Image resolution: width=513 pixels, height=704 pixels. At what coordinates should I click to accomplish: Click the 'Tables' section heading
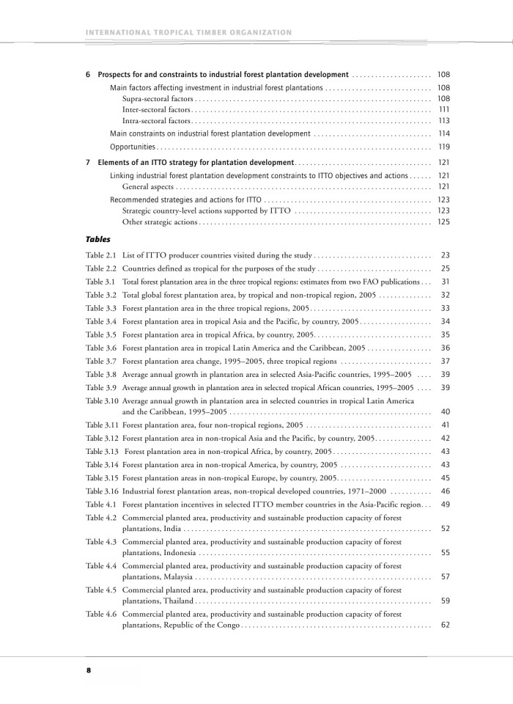(x=98, y=239)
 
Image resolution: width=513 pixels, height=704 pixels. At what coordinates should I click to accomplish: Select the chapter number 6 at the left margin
(x=88, y=75)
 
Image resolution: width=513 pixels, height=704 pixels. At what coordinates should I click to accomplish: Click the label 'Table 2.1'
(x=101, y=255)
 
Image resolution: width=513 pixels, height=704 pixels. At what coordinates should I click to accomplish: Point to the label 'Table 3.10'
(x=103, y=401)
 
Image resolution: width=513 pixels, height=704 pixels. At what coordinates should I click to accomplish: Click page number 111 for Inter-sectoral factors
(x=443, y=109)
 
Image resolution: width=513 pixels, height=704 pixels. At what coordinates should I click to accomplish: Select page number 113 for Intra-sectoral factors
(x=443, y=120)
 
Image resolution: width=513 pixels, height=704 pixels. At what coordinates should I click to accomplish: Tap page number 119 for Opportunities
(x=443, y=147)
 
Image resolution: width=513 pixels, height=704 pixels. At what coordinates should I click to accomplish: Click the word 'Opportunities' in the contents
(x=132, y=147)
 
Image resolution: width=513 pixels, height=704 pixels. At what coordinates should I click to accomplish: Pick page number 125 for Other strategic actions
(x=443, y=221)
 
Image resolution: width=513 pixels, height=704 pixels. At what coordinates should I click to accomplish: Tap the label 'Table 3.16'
(x=103, y=491)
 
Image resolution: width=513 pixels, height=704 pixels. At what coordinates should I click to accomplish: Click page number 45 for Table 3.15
(x=445, y=478)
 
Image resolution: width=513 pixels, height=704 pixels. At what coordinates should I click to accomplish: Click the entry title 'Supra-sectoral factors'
(x=158, y=98)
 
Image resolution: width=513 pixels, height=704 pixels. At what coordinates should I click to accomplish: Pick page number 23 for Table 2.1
(x=445, y=255)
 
